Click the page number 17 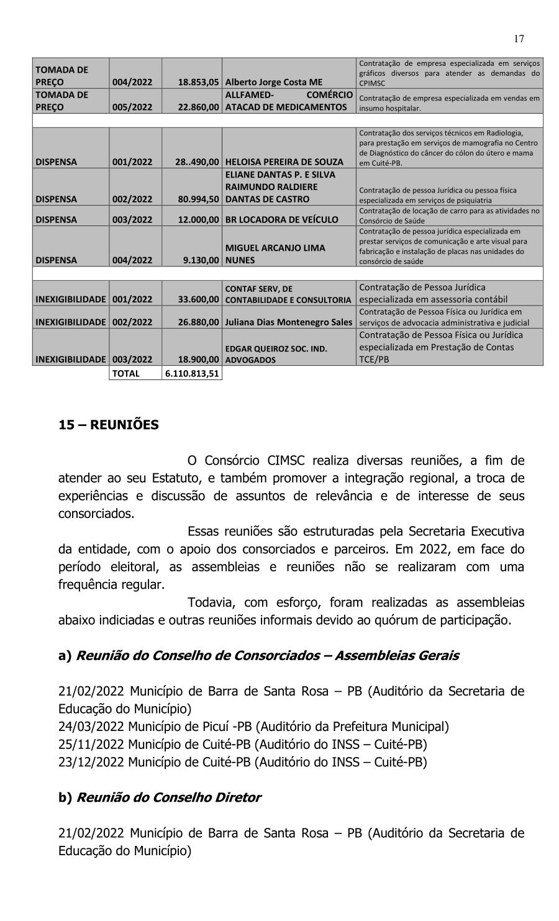pos(519,39)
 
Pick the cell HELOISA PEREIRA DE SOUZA pos(284,161)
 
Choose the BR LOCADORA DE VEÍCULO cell pos(281,219)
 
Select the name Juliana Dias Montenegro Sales pos(288,322)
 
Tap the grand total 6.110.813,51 pos(192,374)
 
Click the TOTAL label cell pos(126,374)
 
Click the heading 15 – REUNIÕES pos(109,425)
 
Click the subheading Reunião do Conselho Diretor pos(168,797)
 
